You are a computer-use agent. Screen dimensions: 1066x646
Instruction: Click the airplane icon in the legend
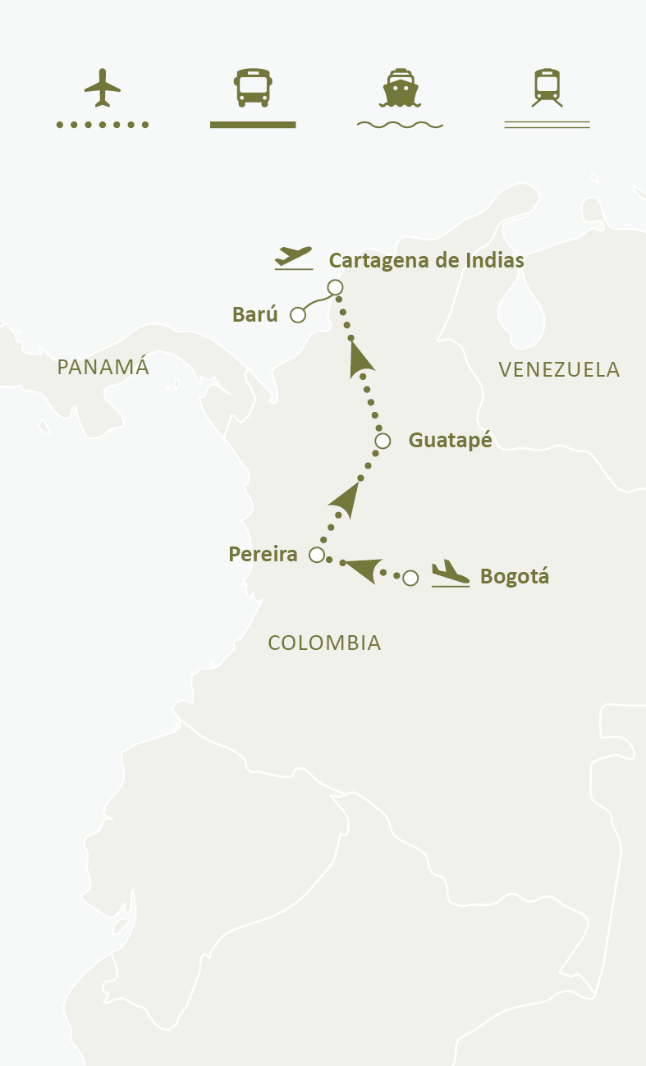102,88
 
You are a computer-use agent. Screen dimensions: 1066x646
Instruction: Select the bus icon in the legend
253,88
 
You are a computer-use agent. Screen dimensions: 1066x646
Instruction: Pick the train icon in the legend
547,88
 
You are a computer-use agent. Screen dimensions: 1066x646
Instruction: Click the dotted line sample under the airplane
102,125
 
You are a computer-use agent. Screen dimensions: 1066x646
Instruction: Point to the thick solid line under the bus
253,125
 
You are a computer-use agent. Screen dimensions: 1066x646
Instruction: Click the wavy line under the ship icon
400,125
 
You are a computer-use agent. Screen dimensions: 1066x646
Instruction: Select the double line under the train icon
547,125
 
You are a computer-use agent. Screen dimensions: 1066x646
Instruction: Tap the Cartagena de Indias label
426,261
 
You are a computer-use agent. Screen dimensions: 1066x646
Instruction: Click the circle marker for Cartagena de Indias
335,287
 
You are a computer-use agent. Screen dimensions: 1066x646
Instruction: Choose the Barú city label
255,314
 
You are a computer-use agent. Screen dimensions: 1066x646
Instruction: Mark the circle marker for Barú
299,314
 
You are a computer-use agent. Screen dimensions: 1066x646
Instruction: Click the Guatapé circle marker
383,441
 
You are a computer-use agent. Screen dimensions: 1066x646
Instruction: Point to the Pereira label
263,555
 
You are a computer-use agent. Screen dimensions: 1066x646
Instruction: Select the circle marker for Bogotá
411,578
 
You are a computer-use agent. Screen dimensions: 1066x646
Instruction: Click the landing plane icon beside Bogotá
450,573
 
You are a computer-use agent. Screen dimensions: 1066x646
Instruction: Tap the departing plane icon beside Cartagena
294,258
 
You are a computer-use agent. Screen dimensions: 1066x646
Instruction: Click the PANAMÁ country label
103,367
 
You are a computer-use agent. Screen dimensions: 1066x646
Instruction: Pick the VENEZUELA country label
559,370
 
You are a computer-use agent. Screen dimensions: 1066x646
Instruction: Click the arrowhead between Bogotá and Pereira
361,568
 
